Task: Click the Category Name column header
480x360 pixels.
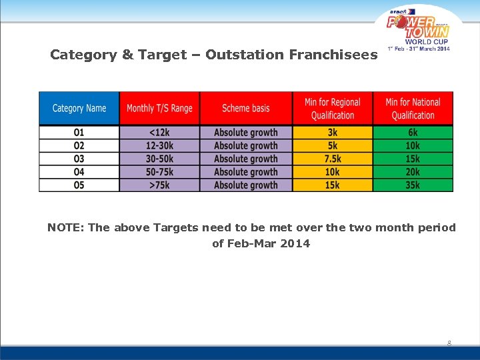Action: pyautogui.click(x=79, y=108)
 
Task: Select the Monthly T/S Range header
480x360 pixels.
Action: pyautogui.click(x=159, y=108)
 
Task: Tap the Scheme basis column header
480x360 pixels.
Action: pyautogui.click(x=246, y=108)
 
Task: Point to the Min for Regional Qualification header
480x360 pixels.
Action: pyautogui.click(x=332, y=108)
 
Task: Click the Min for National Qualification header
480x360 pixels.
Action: pyautogui.click(x=413, y=108)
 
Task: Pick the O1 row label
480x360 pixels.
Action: pyautogui.click(x=79, y=132)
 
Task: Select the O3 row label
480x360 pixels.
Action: pyautogui.click(x=79, y=159)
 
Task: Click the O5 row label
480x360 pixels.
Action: pyautogui.click(x=79, y=185)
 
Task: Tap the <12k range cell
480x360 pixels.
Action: pyautogui.click(x=159, y=132)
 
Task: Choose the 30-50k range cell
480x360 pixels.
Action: pyautogui.click(x=159, y=159)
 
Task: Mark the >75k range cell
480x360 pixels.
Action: pyautogui.click(x=159, y=185)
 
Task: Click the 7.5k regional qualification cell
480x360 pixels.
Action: pyautogui.click(x=332, y=159)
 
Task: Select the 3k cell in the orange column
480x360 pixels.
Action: pyautogui.click(x=332, y=132)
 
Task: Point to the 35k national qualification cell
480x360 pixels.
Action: pyautogui.click(x=413, y=185)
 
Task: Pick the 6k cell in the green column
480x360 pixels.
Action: pyautogui.click(x=413, y=132)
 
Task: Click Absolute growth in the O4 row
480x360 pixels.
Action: pyautogui.click(x=246, y=172)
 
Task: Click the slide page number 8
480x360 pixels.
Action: pyautogui.click(x=449, y=343)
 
